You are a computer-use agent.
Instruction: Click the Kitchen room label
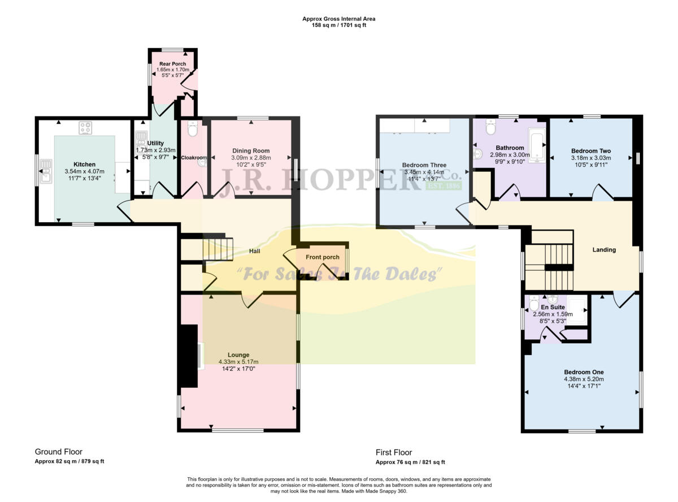(x=84, y=165)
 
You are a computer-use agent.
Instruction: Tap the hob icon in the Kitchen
(x=86, y=128)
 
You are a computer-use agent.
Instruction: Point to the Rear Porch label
(x=172, y=64)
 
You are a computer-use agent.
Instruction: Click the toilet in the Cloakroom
(x=192, y=129)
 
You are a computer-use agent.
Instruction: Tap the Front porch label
(x=323, y=257)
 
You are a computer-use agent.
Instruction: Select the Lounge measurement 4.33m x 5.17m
(x=238, y=362)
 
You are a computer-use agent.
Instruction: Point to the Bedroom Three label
(x=423, y=165)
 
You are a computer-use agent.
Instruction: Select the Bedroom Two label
(x=591, y=151)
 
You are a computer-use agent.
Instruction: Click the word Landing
(x=604, y=250)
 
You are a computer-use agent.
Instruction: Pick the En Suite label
(x=553, y=308)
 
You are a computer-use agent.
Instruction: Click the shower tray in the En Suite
(x=579, y=308)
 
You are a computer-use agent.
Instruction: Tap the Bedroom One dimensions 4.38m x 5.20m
(x=583, y=379)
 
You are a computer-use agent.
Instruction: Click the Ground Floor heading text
(x=59, y=452)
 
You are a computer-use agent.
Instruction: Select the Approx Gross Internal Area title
(x=339, y=19)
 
